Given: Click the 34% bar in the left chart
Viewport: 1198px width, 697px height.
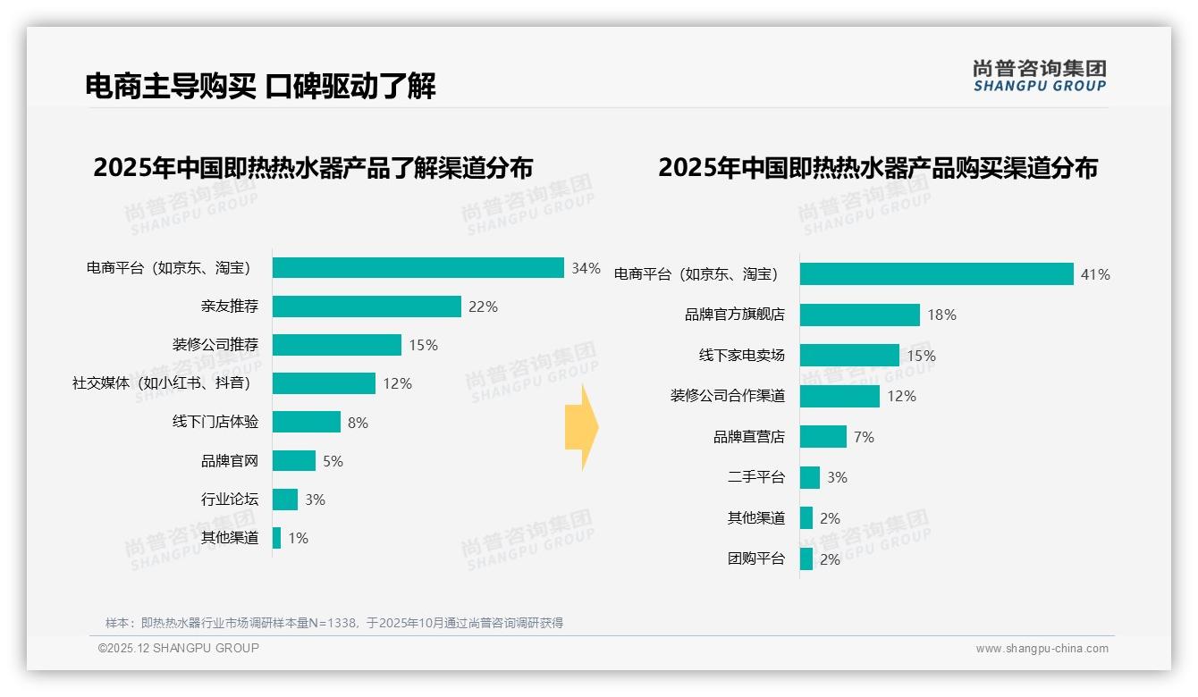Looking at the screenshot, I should [418, 268].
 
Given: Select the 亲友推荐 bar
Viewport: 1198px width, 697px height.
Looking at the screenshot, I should [367, 307].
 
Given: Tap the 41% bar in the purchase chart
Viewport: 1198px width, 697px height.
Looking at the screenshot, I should [936, 274].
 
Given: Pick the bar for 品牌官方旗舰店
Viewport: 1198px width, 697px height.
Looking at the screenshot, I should [859, 315].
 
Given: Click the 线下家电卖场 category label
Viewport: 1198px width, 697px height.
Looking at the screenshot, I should [741, 356].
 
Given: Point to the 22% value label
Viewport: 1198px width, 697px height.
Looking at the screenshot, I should [483, 307].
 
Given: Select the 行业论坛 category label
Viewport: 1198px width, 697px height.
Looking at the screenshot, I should [229, 500].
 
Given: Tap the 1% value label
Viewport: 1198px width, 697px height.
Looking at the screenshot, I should [298, 538].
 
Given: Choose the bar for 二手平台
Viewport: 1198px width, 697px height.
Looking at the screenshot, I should [809, 477].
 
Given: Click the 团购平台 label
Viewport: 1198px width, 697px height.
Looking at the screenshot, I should [755, 559].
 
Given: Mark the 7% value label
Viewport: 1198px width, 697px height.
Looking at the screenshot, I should [864, 437].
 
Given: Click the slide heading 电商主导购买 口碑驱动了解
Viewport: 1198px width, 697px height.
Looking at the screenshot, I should [260, 87].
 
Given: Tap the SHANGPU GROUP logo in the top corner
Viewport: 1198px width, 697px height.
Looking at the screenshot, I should [1039, 76].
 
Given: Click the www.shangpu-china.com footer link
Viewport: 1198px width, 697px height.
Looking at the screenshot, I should [1042, 649].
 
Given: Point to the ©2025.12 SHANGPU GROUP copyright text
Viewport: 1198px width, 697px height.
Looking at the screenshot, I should [179, 648].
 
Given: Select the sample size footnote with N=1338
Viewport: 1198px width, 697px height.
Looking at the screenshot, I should [334, 623].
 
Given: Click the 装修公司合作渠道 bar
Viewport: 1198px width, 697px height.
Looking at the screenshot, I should [839, 396].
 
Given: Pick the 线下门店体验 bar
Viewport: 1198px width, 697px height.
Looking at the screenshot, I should [307, 422].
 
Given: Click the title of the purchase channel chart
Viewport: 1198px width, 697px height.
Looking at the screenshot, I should [877, 168].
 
